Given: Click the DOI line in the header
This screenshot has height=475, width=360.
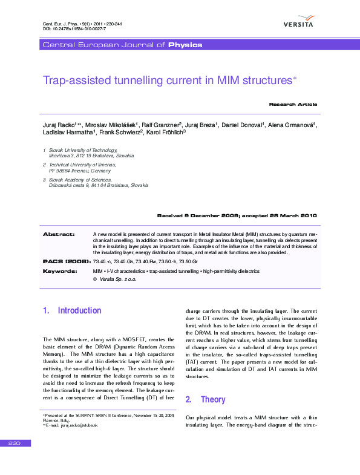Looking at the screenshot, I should point(67,28).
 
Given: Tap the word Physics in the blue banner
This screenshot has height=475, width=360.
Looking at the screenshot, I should point(185,45).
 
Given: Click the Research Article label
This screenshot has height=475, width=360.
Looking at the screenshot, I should point(293,105).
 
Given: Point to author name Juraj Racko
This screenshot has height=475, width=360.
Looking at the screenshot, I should point(58,125).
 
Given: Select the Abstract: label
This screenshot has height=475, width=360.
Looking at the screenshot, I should point(59,234).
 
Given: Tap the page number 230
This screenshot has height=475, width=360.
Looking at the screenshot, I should point(15,444).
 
